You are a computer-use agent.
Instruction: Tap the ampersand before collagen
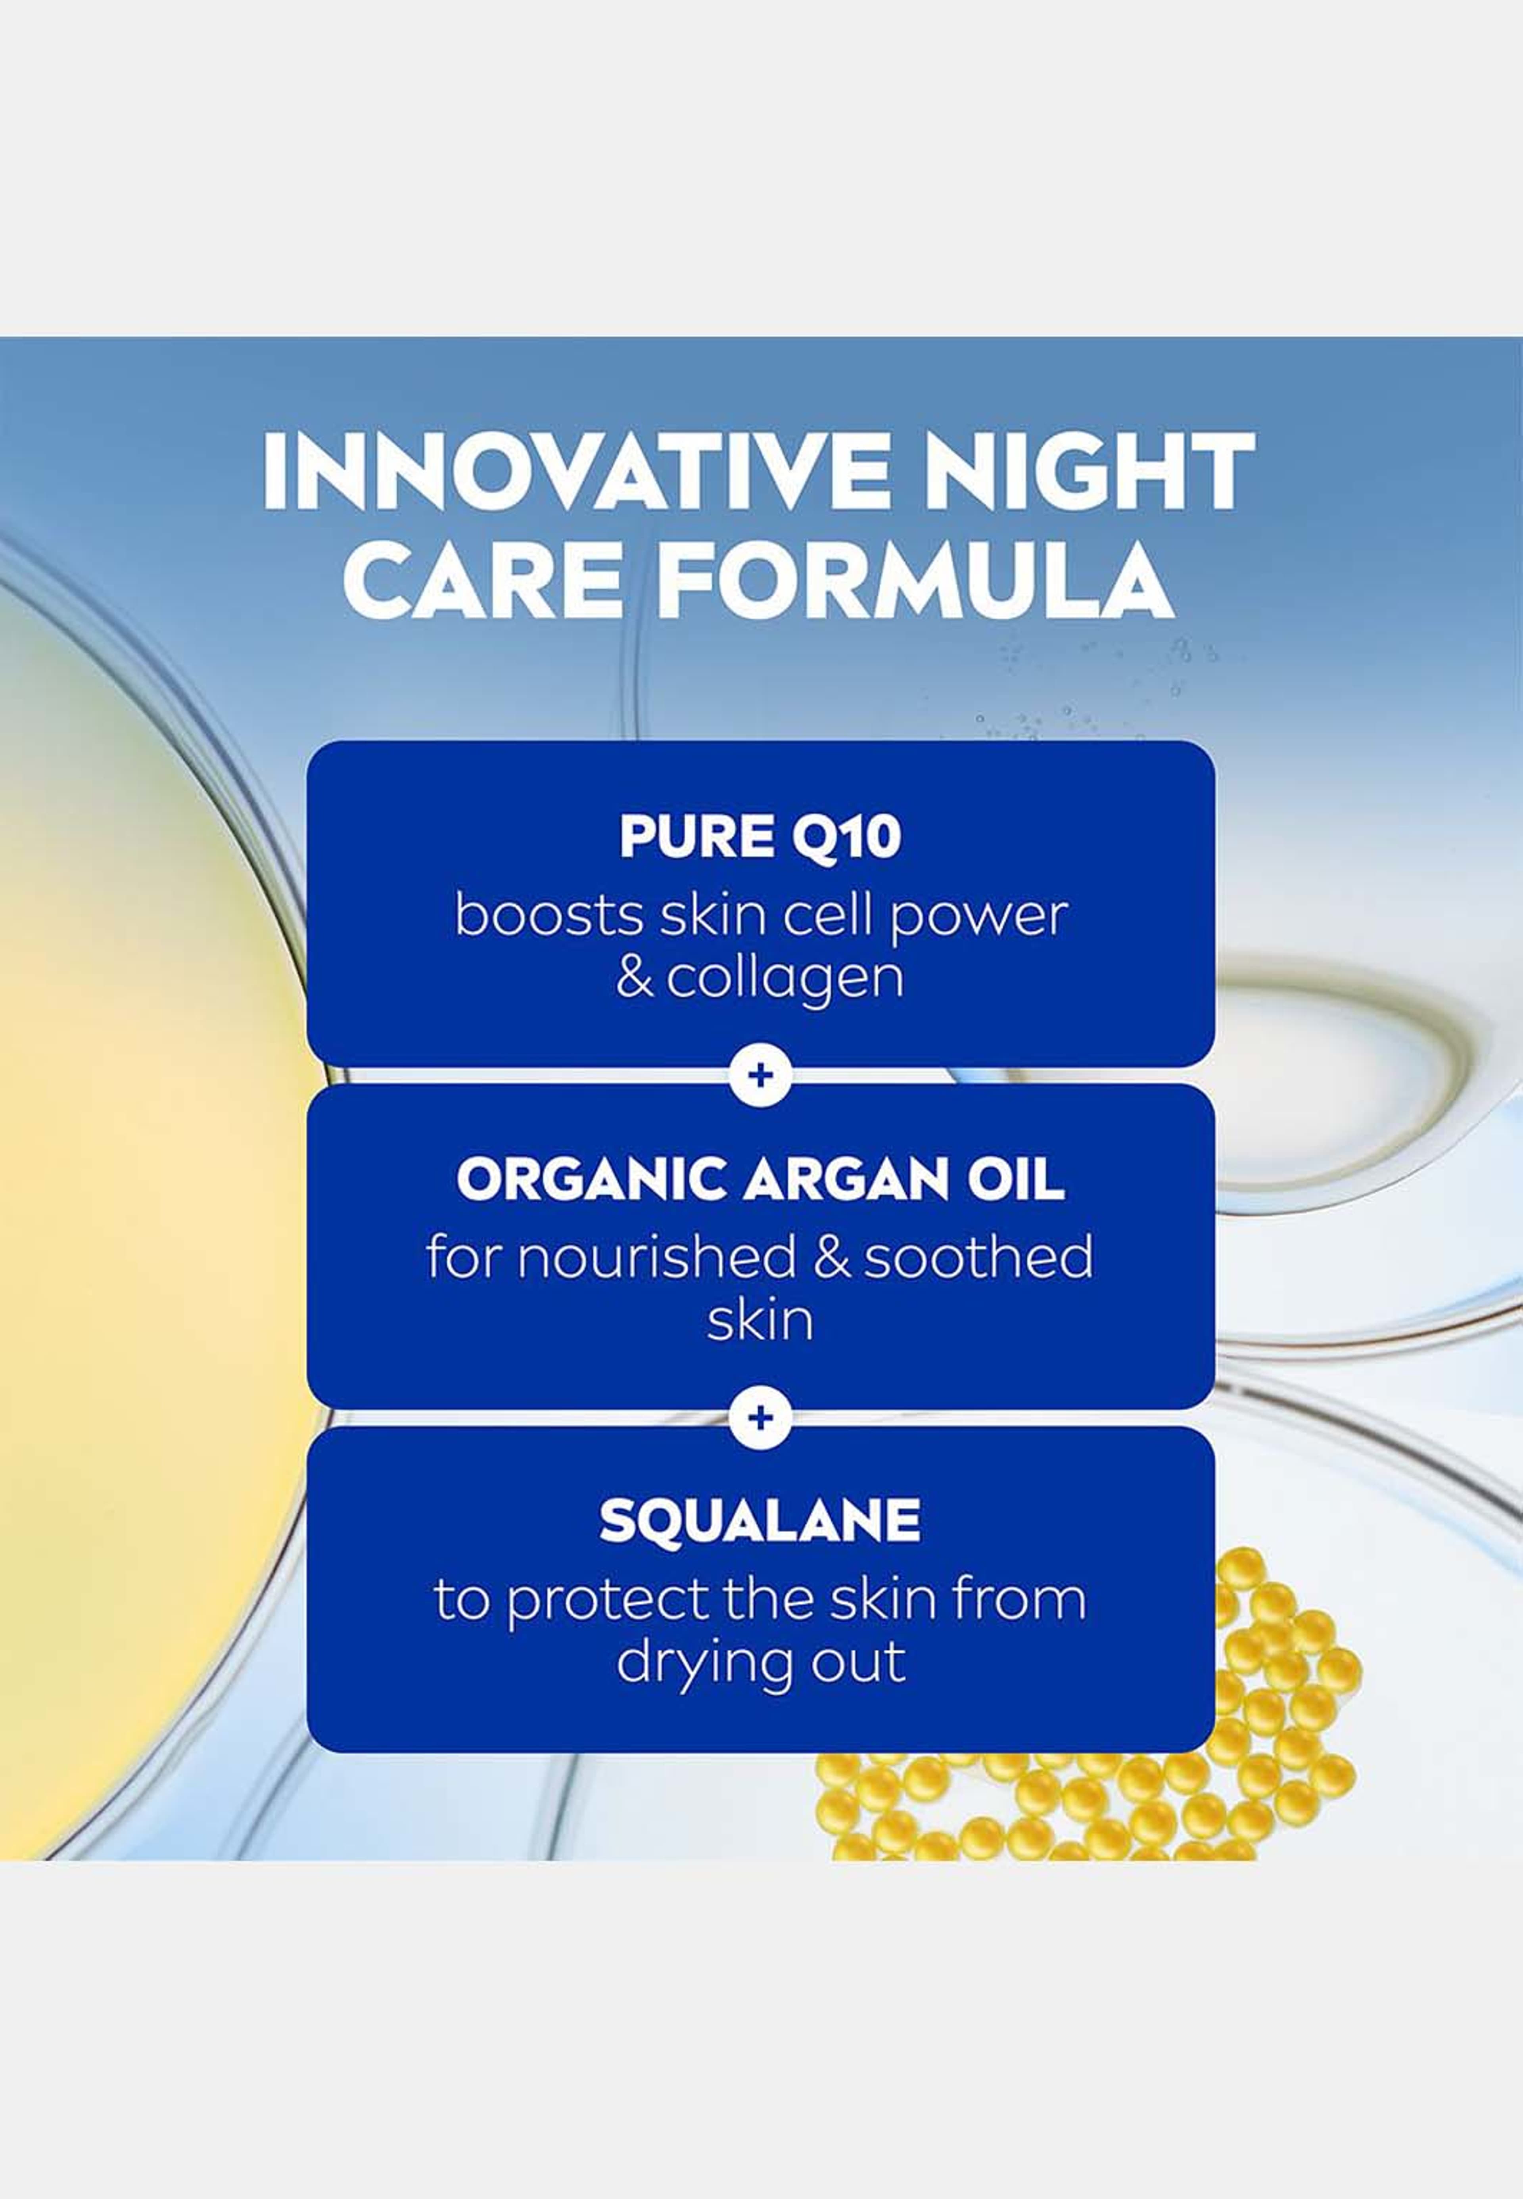pyautogui.click(x=635, y=979)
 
